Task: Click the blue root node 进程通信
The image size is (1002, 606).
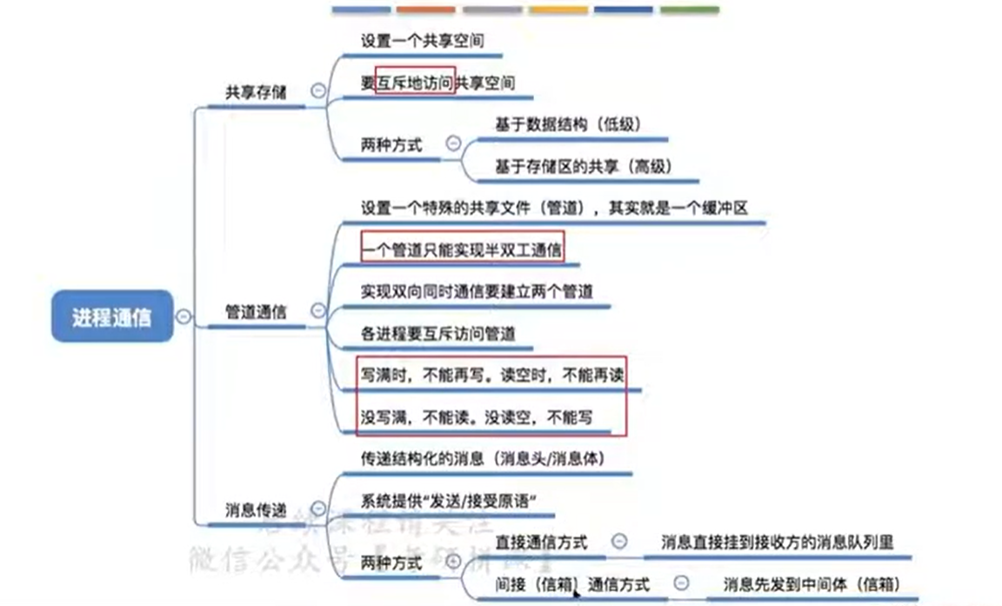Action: [111, 317]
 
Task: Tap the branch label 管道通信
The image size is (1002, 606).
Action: [256, 311]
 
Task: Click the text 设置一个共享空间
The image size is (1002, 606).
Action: [422, 40]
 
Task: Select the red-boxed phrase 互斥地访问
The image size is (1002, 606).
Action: [415, 83]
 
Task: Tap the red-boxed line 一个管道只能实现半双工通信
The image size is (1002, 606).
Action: [462, 250]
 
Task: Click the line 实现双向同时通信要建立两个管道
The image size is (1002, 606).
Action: [477, 291]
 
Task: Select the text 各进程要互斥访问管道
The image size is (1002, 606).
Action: [438, 333]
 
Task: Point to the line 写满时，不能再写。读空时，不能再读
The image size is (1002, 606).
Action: [493, 375]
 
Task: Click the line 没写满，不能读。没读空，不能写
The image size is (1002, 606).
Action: [477, 417]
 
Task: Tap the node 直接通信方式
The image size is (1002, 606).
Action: [540, 542]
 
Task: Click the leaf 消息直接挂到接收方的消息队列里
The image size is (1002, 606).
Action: [777, 542]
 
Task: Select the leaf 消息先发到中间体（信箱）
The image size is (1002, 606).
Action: [811, 584]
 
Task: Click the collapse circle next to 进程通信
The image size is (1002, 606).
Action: [184, 317]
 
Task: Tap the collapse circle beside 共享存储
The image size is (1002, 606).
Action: [318, 90]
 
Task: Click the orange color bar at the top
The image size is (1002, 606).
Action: [425, 10]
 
